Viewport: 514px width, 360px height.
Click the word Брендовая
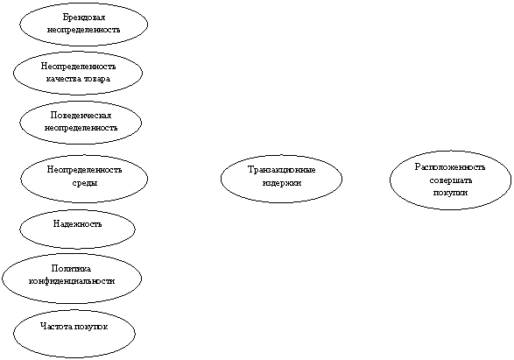(83, 18)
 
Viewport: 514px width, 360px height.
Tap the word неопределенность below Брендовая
(83, 30)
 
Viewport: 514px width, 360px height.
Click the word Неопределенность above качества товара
(78, 67)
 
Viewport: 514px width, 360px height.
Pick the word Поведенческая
(81, 116)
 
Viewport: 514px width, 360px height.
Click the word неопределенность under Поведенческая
(81, 128)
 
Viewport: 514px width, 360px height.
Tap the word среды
(85, 182)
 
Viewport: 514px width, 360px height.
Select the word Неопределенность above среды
(85, 170)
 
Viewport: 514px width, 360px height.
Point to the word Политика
(71, 269)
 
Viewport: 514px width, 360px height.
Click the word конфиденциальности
(72, 281)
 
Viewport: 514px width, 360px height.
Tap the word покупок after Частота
(91, 327)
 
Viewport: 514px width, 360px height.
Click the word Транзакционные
(282, 170)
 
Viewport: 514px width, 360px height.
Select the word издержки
(282, 182)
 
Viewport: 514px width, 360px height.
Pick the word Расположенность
(450, 167)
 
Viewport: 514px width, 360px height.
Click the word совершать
(450, 180)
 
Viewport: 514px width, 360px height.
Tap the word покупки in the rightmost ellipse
(450, 193)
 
